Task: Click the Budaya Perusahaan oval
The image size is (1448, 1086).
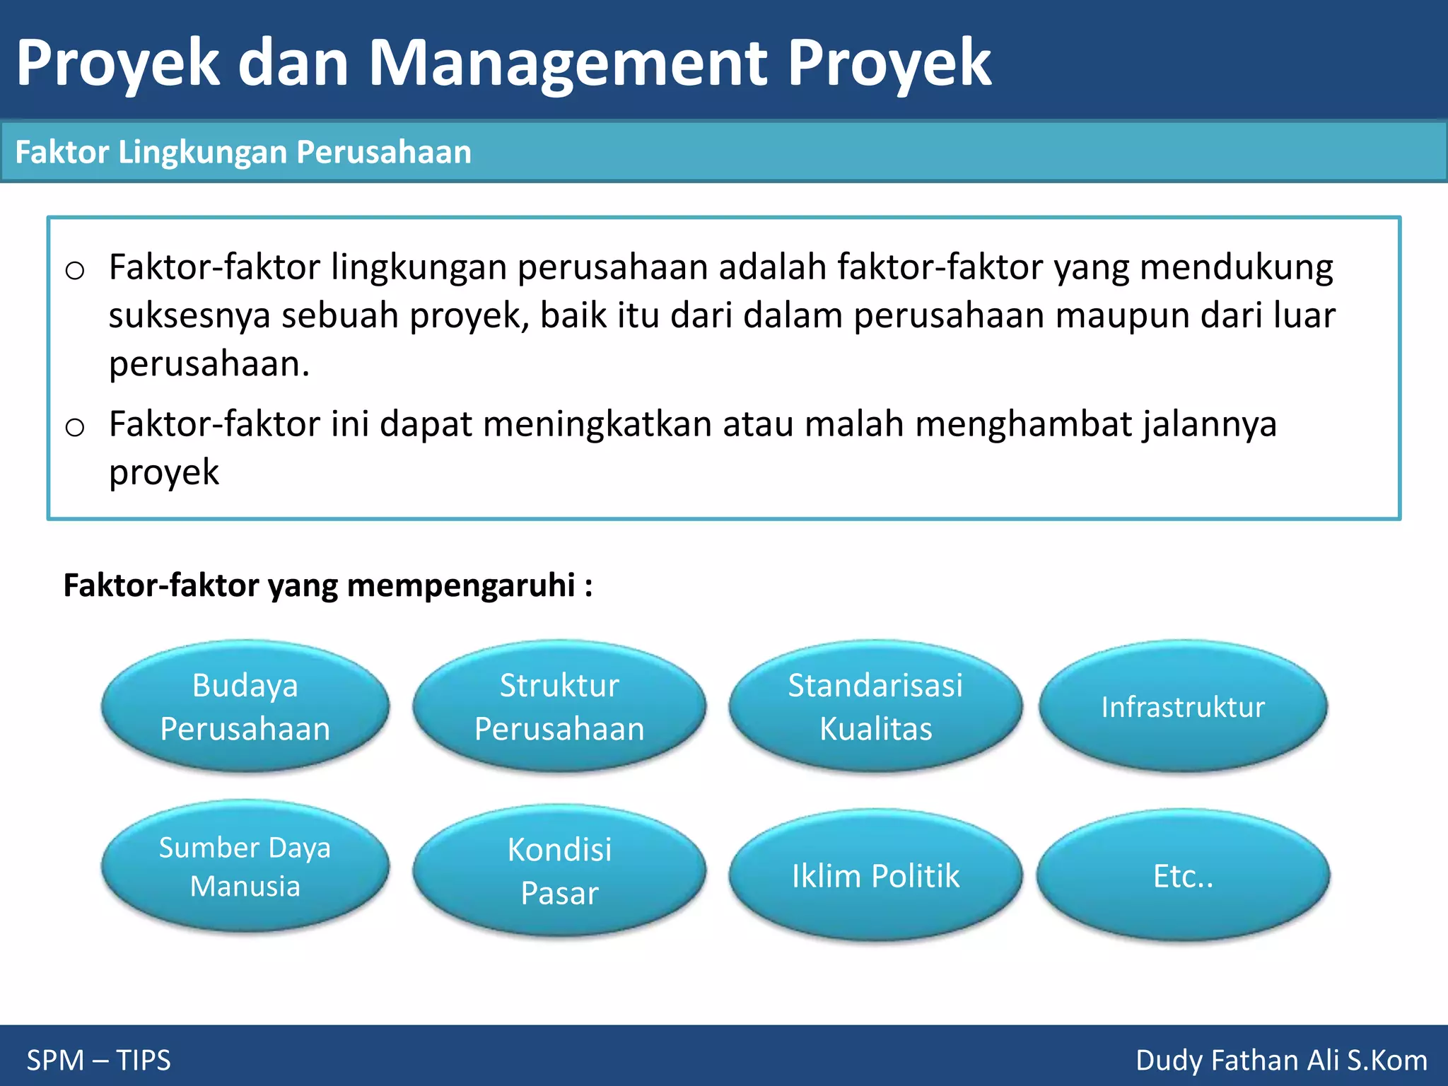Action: point(245,706)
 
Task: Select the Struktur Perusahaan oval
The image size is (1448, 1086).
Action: point(559,706)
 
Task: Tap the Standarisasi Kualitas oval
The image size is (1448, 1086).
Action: point(875,706)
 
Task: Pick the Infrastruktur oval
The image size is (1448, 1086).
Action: point(1183,706)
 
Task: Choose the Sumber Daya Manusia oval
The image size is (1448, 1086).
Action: point(245,866)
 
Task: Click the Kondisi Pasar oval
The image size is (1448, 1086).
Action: point(559,870)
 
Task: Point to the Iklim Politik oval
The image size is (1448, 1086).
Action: point(875,875)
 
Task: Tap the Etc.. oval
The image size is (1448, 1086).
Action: point(1183,875)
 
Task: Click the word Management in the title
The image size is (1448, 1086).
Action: point(568,64)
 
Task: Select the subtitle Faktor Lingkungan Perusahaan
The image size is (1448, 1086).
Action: point(243,152)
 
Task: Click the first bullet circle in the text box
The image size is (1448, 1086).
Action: point(75,271)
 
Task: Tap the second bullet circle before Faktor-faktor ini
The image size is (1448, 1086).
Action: point(75,428)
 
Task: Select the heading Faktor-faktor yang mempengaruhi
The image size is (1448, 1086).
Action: point(327,585)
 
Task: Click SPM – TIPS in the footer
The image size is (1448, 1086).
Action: point(99,1060)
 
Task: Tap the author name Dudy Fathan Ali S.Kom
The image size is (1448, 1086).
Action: point(1281,1060)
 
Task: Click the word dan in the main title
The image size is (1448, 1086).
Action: point(293,64)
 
